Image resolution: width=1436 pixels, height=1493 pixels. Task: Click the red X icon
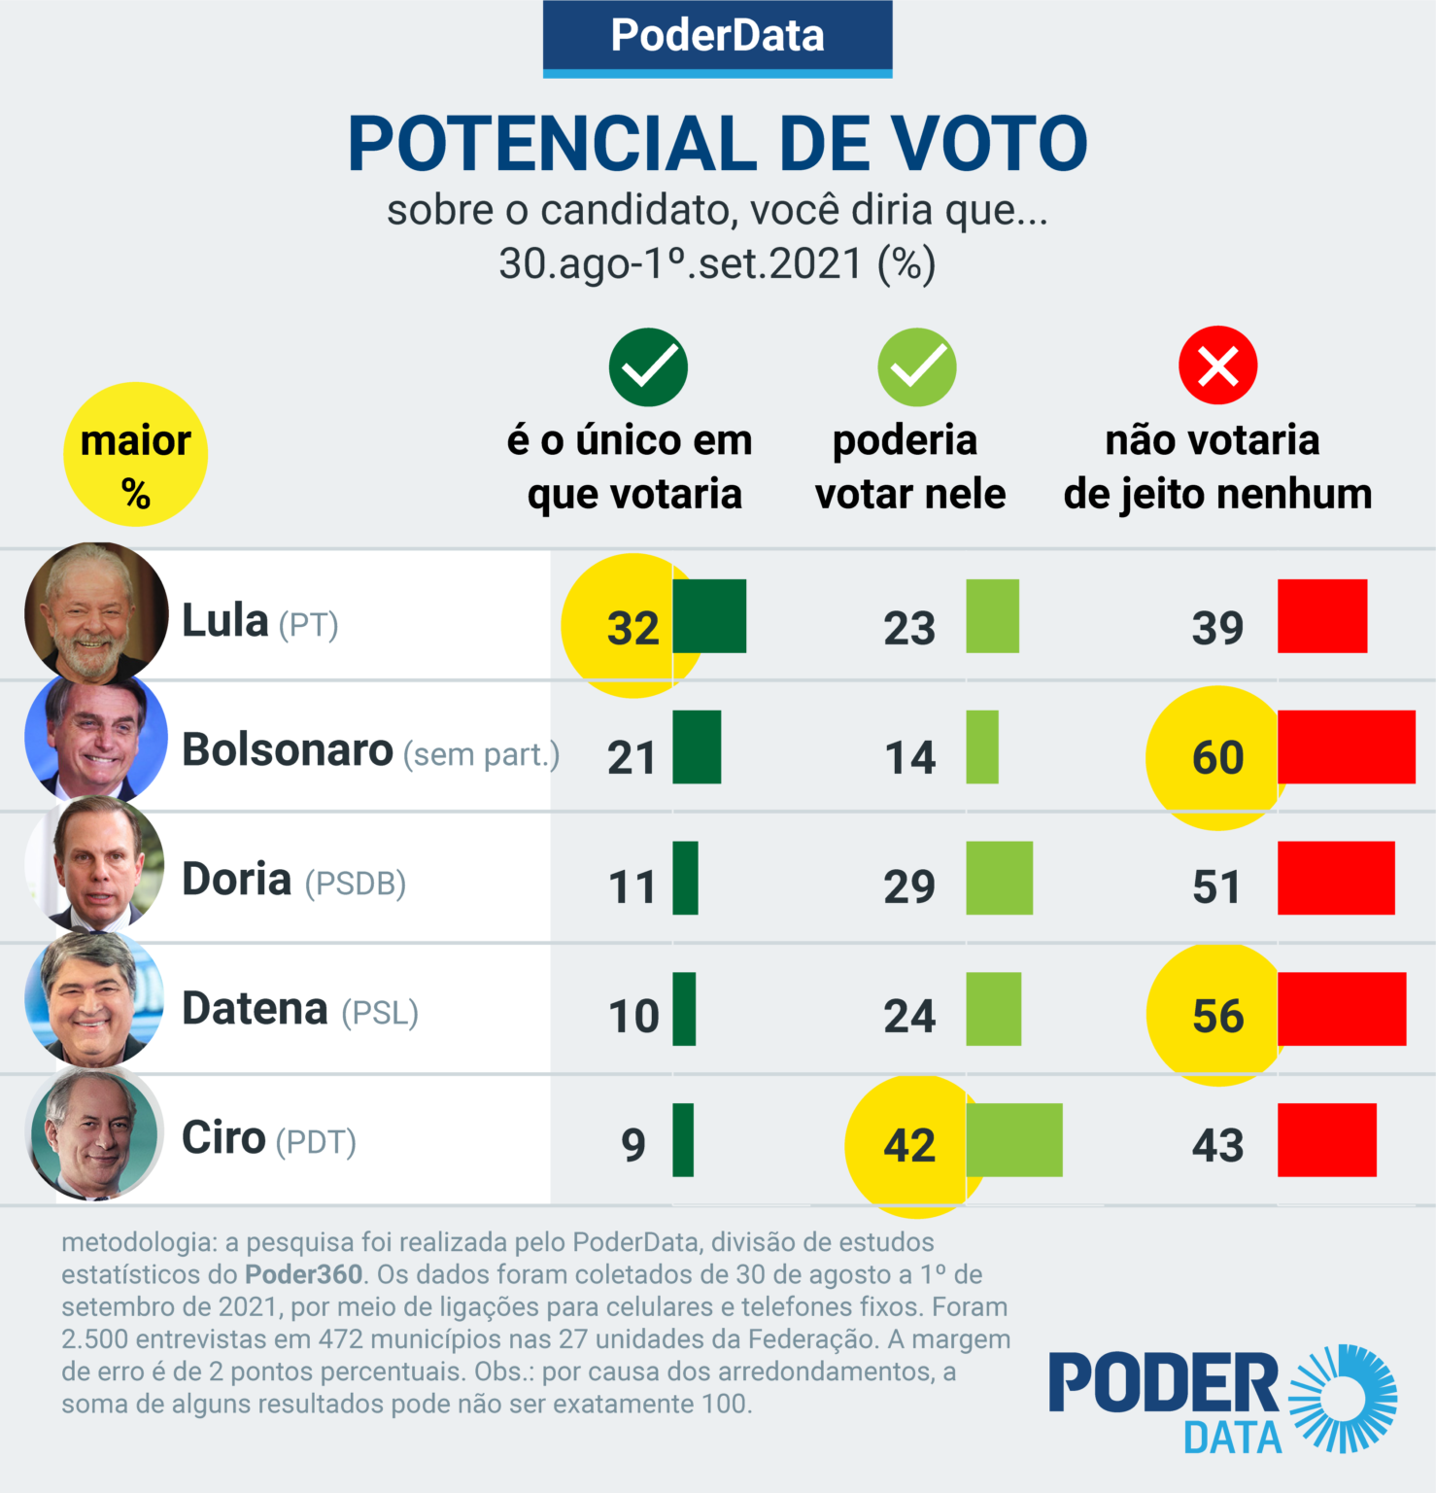tap(1217, 365)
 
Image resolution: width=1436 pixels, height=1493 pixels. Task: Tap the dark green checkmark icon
tap(648, 366)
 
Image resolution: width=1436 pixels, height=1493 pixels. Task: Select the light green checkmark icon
tap(916, 366)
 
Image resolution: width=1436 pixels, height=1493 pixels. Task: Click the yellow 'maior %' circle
tap(135, 454)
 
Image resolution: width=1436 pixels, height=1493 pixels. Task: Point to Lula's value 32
tap(633, 628)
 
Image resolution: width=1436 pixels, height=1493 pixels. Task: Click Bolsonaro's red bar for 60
tap(1346, 746)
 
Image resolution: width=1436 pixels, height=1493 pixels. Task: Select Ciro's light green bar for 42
tap(1013, 1140)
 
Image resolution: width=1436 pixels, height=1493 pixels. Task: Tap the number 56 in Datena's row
tap(1217, 1016)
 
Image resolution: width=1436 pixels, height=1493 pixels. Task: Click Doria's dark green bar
tap(685, 878)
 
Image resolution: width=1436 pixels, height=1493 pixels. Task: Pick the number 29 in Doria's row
tap(909, 886)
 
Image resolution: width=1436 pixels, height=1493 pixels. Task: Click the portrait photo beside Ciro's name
tap(94, 1133)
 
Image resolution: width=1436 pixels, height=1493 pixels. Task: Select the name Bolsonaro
tap(288, 749)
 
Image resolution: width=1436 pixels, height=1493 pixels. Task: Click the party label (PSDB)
tap(356, 884)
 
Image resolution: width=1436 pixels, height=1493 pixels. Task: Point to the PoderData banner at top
tap(717, 37)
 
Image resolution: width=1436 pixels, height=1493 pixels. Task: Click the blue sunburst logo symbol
tap(1344, 1399)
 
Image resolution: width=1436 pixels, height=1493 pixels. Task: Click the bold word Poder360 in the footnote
tap(303, 1274)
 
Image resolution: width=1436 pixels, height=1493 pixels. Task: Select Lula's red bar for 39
tap(1321, 616)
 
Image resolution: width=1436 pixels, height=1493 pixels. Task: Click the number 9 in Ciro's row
tap(633, 1145)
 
